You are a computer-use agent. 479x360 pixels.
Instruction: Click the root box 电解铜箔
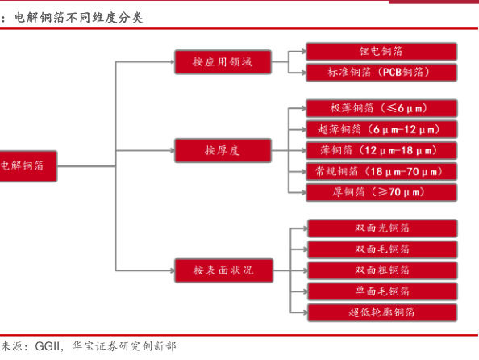(28, 166)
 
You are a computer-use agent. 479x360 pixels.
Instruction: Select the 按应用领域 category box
(223, 62)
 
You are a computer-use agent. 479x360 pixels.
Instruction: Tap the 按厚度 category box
(223, 150)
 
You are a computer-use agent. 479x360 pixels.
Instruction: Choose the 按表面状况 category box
(223, 270)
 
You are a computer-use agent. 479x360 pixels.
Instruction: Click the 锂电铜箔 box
(381, 52)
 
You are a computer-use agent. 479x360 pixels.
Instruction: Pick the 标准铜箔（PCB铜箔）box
(381, 73)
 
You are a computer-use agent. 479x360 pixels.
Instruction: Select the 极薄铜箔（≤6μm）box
(381, 108)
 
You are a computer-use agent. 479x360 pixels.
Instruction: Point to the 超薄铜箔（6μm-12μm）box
(381, 129)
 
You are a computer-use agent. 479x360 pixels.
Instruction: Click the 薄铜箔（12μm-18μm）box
(381, 150)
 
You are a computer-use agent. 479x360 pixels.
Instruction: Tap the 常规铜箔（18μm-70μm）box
(381, 172)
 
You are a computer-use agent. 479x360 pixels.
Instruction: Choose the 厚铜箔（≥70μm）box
(381, 192)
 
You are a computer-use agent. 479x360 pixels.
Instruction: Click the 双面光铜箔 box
(382, 228)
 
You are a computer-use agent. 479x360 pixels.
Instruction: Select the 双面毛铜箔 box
(382, 249)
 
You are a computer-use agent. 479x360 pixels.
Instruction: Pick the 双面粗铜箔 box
(382, 270)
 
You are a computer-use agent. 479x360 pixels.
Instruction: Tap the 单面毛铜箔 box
(382, 291)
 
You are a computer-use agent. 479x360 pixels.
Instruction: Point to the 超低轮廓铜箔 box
(382, 312)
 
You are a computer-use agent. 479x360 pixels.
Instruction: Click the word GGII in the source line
(48, 346)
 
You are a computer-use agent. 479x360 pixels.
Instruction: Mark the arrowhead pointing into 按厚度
(172, 150)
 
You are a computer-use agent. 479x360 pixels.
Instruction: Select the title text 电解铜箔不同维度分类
(78, 18)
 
